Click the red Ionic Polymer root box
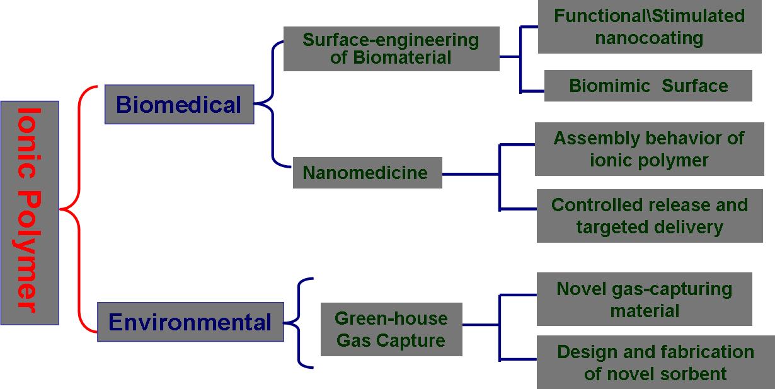[x=30, y=212]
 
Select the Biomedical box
[x=179, y=105]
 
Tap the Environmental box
[x=190, y=322]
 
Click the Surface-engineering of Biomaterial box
[x=391, y=49]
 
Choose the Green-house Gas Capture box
[x=391, y=330]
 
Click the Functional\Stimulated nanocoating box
[x=649, y=27]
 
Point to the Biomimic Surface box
[x=648, y=86]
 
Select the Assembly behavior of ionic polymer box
[x=649, y=149]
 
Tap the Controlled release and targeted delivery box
[x=650, y=216]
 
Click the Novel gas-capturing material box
[x=644, y=299]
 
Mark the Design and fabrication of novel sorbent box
[x=655, y=363]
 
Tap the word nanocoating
[x=649, y=38]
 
